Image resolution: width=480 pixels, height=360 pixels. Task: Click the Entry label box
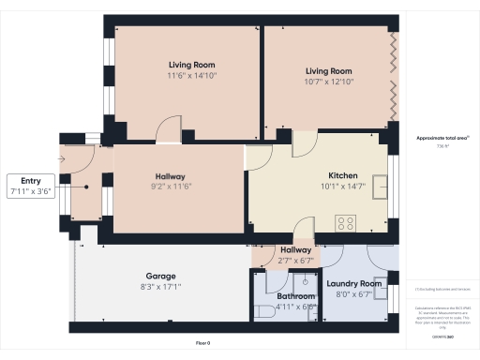click(31, 186)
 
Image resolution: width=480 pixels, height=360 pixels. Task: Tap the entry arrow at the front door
click(62, 159)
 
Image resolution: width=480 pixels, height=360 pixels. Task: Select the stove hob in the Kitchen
click(346, 223)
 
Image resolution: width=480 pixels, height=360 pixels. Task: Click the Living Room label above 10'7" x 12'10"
click(328, 71)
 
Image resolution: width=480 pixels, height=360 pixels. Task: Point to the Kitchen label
click(343, 175)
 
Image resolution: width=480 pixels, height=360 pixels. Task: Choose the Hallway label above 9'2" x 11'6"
click(170, 176)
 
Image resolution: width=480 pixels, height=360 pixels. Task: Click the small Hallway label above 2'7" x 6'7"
click(296, 249)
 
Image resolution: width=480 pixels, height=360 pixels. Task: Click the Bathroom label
click(296, 296)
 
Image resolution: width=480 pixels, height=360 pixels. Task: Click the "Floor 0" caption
click(202, 343)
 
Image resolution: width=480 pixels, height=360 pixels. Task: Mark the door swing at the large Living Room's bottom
click(169, 129)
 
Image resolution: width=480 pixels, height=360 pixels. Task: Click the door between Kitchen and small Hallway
click(304, 228)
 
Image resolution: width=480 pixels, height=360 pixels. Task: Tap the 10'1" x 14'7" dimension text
click(343, 186)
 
